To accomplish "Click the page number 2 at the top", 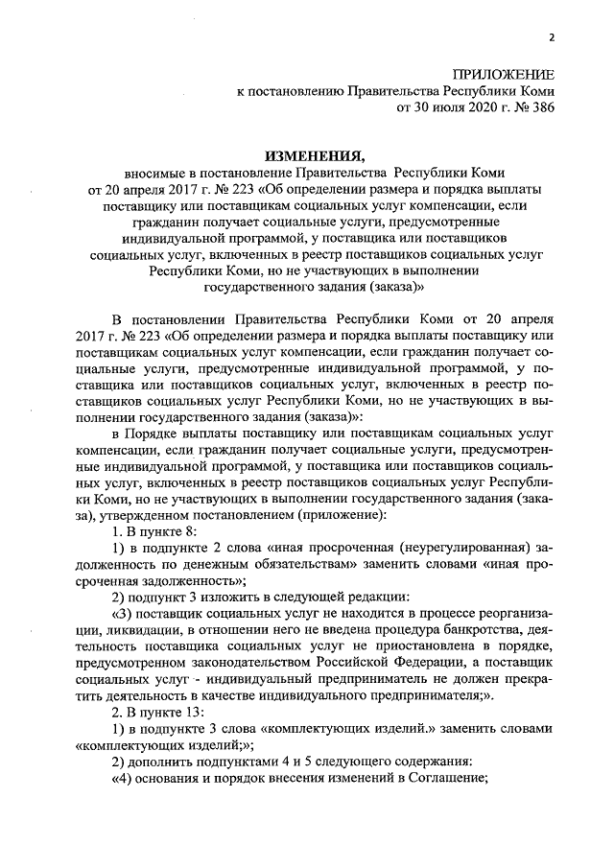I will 553,37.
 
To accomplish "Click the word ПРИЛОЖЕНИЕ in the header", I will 505,73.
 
